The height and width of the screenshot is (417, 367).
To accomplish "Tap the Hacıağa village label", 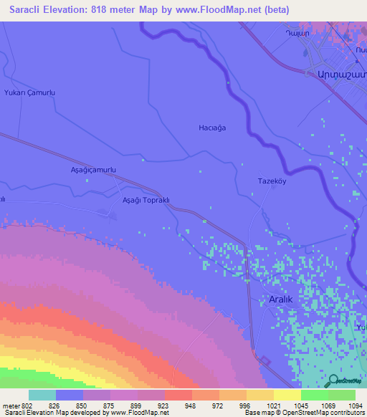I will pos(212,128).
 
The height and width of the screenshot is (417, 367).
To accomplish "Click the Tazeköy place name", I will pos(272,182).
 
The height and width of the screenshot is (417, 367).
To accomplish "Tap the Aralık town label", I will pos(280,299).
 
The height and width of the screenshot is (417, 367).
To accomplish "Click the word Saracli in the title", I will pos(27,9).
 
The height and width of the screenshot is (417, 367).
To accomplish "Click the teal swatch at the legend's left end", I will pos(42,395).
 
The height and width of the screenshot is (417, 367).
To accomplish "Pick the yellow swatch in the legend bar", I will pos(287,395).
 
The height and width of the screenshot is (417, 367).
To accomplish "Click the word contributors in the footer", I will pos(349,413).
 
